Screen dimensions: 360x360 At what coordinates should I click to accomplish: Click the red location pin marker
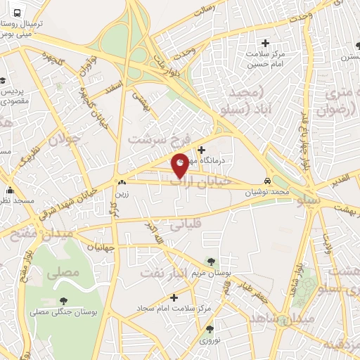coord(181,165)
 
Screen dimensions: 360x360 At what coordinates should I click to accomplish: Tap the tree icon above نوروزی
coord(209,328)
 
